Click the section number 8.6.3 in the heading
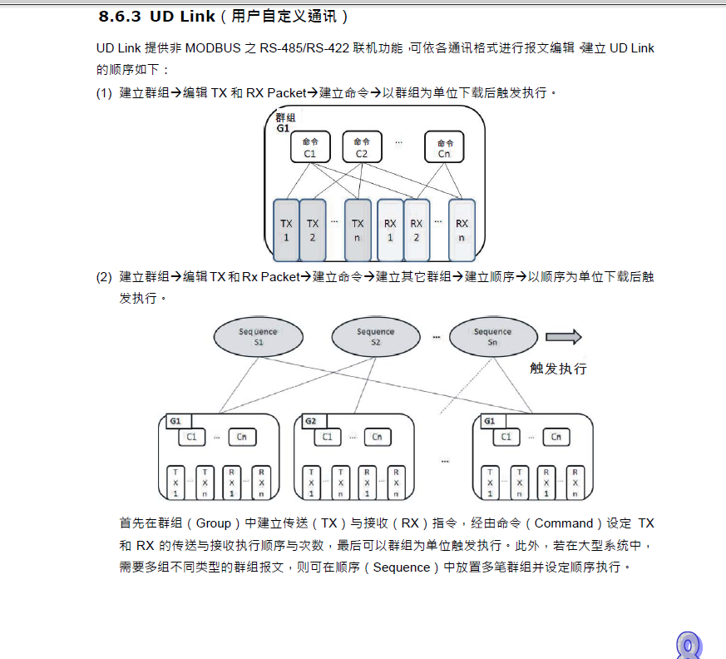[x=121, y=17]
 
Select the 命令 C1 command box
[x=310, y=147]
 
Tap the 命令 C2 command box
[x=361, y=147]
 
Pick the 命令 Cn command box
[x=444, y=147]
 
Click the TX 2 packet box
[x=313, y=229]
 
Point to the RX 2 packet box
[x=417, y=229]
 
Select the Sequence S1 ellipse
[x=258, y=336]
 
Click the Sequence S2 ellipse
[x=376, y=336]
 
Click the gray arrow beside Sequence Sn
[x=563, y=337]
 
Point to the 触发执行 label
[x=558, y=368]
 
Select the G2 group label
[x=310, y=421]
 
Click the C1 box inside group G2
[x=327, y=437]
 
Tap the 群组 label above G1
[x=285, y=118]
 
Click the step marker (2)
[x=103, y=277]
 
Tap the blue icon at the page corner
[x=689, y=646]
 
